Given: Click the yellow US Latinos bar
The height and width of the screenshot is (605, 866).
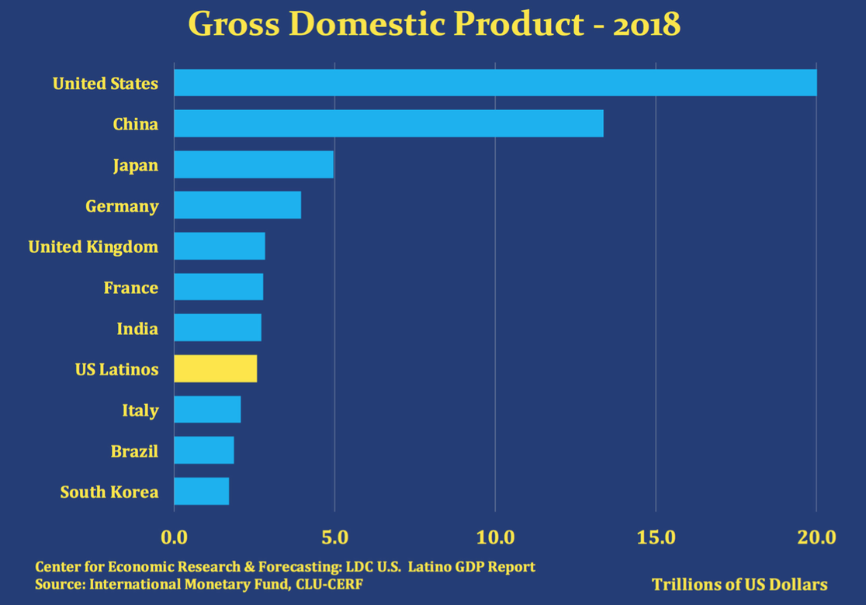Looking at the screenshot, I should click(215, 368).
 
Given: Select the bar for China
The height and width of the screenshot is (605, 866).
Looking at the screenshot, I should click(388, 123).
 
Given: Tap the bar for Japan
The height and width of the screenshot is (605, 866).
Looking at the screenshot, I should click(254, 164).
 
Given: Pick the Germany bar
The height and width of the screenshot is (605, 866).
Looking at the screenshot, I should click(237, 206).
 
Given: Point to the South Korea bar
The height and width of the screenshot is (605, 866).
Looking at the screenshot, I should click(201, 491).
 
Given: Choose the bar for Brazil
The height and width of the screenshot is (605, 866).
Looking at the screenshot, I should click(203, 450).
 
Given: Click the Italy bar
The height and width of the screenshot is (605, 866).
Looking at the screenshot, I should click(207, 410).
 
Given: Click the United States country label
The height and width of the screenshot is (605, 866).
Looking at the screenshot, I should click(106, 83).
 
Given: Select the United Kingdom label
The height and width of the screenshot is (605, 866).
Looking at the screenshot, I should click(93, 247).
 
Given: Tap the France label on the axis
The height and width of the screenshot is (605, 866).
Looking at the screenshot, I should click(130, 288).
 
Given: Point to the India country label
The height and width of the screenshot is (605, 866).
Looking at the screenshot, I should click(137, 329).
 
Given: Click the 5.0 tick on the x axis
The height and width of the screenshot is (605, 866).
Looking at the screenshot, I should click(334, 537).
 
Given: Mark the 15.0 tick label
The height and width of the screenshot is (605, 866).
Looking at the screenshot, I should click(656, 537).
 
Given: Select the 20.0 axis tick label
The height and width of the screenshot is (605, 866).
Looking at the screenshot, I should click(816, 537).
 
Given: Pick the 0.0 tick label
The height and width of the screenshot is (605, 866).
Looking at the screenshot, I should click(174, 537).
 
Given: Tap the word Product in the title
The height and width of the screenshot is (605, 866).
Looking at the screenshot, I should click(527, 25).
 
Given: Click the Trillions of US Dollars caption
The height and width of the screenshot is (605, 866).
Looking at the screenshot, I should click(740, 584).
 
